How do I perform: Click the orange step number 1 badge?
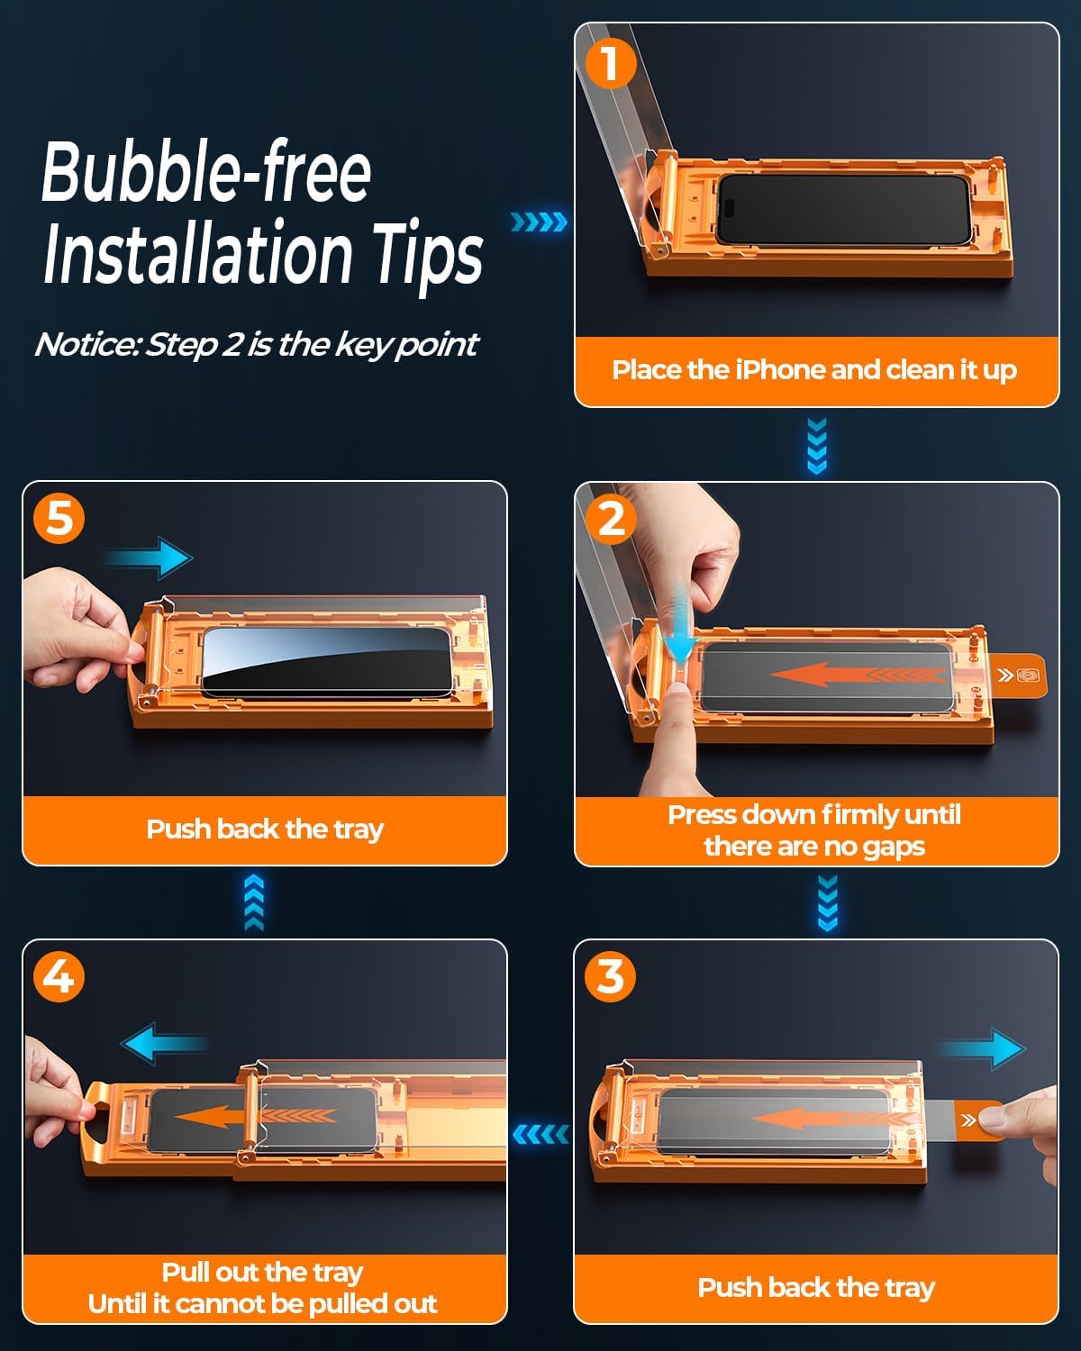609,63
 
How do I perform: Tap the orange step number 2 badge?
611,520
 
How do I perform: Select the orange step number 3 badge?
610,977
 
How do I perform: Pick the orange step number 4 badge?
59,977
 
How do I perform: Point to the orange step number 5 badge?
59,519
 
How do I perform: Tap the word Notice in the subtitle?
87,344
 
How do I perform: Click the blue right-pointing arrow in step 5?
149,558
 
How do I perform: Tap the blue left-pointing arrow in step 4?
165,1043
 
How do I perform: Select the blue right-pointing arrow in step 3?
982,1049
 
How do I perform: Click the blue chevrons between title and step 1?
539,222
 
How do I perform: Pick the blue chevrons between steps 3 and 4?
541,1135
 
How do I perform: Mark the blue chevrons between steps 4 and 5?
254,902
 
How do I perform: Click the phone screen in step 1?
843,209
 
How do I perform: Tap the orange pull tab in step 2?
1015,675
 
